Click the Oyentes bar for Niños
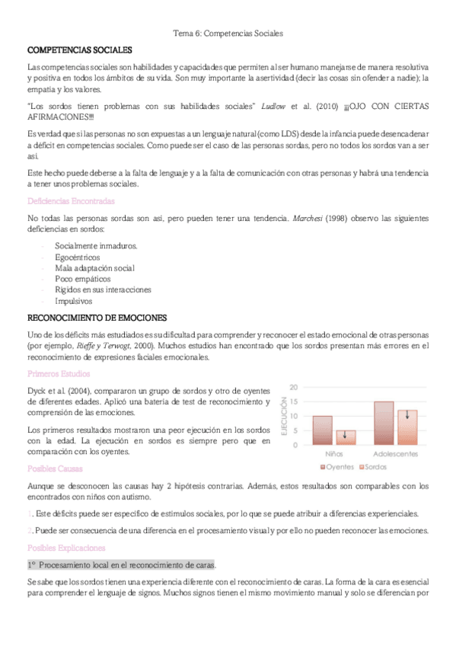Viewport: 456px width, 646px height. click(322, 430)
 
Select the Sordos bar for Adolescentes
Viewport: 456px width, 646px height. click(407, 427)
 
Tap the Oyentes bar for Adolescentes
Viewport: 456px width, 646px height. click(384, 423)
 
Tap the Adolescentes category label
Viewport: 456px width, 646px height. click(395, 454)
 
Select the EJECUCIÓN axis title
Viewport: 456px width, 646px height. click(285, 417)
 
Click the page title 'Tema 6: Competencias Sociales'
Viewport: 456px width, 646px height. click(228, 34)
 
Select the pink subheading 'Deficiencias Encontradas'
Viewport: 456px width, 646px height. click(71, 201)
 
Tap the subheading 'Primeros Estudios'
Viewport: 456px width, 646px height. click(59, 374)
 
